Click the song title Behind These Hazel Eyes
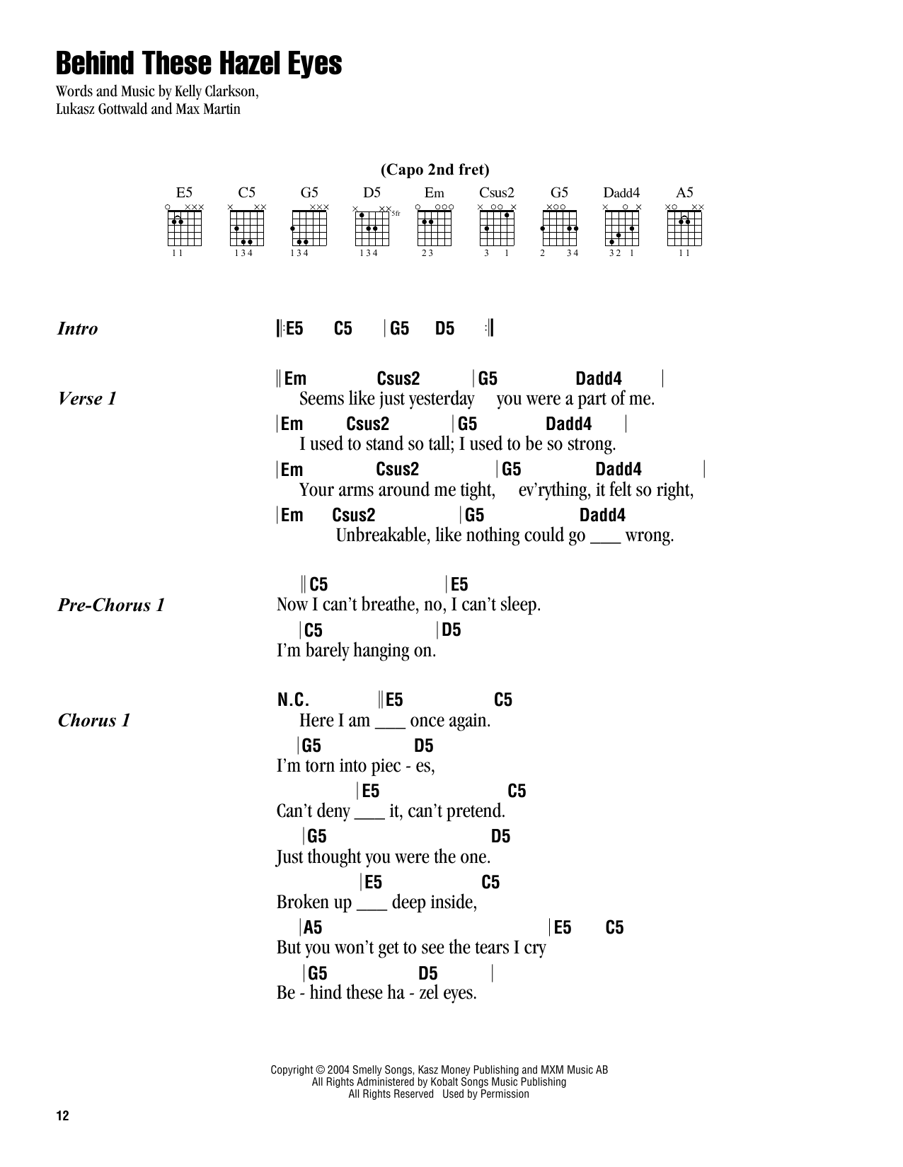click(x=198, y=64)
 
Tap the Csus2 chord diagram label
click(x=496, y=192)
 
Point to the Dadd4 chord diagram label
click(x=621, y=192)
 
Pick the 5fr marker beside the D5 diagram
click(x=396, y=213)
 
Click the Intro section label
click(x=77, y=329)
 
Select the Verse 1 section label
click(x=87, y=399)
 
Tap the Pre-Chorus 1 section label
click(x=111, y=605)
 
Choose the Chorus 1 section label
click(x=94, y=721)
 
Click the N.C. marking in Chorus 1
click(x=293, y=700)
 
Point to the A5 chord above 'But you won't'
click(x=312, y=928)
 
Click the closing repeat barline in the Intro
click(x=489, y=329)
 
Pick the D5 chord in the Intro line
click(x=444, y=329)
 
